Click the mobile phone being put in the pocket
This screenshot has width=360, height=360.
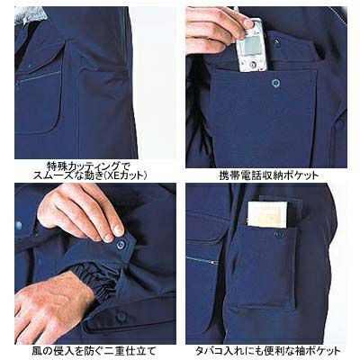tap(251, 47)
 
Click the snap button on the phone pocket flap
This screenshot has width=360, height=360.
tap(275, 83)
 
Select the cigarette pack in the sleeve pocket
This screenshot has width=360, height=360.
tap(267, 214)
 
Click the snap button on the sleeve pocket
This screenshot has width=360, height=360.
tap(280, 233)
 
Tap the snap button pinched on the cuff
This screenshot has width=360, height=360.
tap(121, 244)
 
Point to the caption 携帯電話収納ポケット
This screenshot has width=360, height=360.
tap(268, 175)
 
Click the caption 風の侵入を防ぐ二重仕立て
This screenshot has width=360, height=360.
tap(94, 350)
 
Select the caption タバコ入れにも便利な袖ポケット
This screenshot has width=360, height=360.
tap(268, 350)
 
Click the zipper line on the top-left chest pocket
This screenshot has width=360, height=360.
tap(39, 76)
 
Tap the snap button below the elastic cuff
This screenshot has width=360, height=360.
tap(121, 315)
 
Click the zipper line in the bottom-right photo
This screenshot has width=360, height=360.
tap(201, 260)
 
